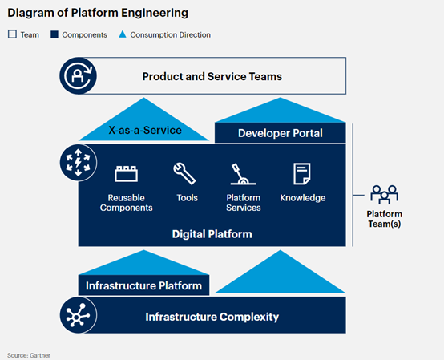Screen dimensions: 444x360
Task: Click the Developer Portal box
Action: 280,133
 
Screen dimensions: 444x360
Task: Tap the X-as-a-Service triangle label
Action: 145,130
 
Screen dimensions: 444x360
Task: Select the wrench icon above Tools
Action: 184,174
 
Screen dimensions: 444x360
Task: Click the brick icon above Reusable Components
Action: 127,174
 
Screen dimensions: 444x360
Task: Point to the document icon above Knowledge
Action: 302,174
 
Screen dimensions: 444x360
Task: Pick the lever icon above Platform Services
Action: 243,174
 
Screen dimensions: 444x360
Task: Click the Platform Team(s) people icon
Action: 384,195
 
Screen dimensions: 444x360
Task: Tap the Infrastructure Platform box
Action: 143,285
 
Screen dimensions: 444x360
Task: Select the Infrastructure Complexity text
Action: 212,317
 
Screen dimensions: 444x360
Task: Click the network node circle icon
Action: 79,315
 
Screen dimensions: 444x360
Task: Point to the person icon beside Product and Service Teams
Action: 79,76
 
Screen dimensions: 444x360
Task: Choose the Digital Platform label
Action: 212,234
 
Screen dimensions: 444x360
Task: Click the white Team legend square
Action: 12,34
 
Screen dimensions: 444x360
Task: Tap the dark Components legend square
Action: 54,34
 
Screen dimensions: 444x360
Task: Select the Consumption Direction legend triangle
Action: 123,34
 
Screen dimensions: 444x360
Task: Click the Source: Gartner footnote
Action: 29,355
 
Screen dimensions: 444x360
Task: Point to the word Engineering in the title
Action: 155,13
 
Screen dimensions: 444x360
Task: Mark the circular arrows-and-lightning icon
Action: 79,163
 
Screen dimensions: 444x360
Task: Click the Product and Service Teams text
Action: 212,76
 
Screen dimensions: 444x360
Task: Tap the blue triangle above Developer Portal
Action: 280,110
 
